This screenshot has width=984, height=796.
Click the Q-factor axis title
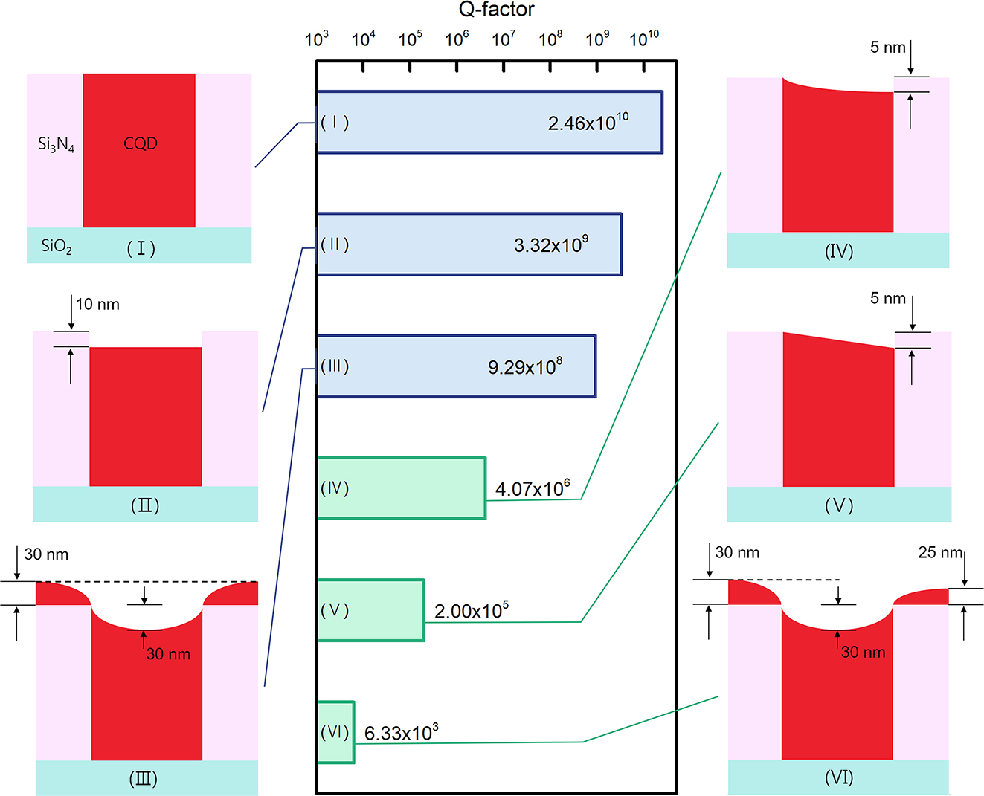coord(496,10)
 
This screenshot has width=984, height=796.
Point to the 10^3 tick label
coord(317,39)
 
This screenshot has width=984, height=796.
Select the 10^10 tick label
coord(644,39)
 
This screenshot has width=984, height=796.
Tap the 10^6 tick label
coord(457,39)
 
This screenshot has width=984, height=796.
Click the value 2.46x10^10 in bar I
coord(588,123)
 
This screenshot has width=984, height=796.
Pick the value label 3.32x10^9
coord(551,245)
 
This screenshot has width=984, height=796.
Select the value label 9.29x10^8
coord(525,366)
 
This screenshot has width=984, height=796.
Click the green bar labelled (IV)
coord(402,488)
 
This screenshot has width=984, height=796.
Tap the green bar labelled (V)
coord(370,610)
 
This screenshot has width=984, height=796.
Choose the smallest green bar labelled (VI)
coord(335,732)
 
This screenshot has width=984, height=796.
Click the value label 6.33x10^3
coord(401,733)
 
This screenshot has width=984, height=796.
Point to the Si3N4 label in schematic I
coord(56,144)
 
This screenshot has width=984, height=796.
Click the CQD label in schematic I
coord(141,143)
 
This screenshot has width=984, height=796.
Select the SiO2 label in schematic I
coord(57,246)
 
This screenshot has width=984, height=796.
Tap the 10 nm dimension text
coord(97,305)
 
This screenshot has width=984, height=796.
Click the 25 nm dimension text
coord(940,552)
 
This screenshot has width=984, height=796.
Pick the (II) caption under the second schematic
coord(145,506)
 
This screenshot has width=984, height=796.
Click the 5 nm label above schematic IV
coord(888,48)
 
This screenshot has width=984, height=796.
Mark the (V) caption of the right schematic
coord(839,506)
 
